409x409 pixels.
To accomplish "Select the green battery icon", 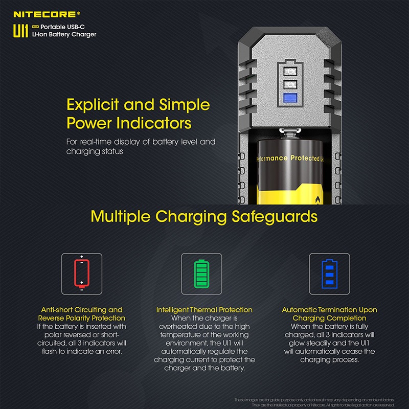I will point(201,274).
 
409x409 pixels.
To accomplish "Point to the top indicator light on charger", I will point(290,71).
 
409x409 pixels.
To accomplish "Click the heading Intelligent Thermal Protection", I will point(204,310).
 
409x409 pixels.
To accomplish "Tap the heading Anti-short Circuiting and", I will point(82,310).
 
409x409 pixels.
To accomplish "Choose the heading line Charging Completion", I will point(329,318).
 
